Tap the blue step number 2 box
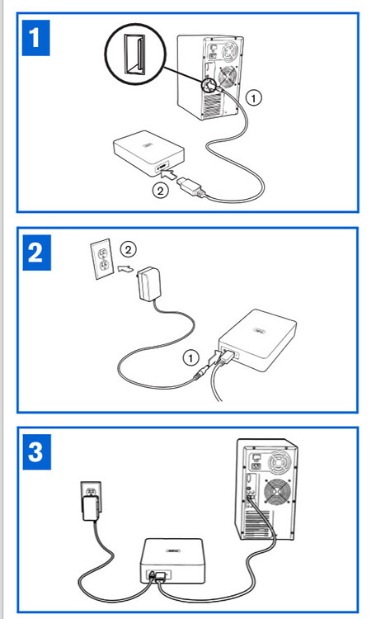(36, 251)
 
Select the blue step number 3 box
(36, 451)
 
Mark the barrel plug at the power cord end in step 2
(200, 372)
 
